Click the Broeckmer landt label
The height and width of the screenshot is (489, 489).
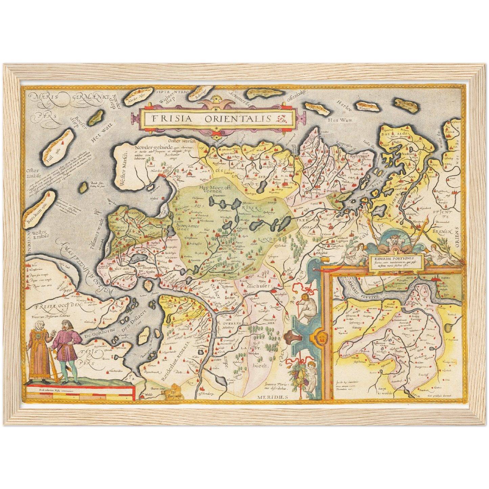click(x=185, y=226)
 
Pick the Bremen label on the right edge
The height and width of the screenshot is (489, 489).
click(x=444, y=232)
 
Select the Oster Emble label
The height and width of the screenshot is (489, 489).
click(x=33, y=173)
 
